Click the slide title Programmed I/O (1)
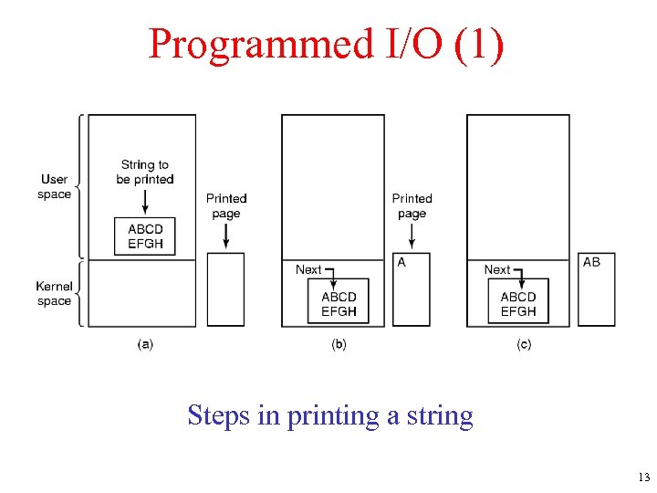[x=326, y=44]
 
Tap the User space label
[x=55, y=186]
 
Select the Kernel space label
[x=55, y=294]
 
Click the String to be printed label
[x=145, y=172]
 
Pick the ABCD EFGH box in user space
[x=146, y=236]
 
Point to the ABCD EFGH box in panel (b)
[x=339, y=304]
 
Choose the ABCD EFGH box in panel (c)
[x=518, y=304]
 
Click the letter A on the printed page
[x=401, y=262]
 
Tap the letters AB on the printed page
[x=591, y=262]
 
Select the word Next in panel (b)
[x=308, y=269]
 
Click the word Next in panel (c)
[x=497, y=269]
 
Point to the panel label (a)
[x=145, y=344]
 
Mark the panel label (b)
[x=339, y=344]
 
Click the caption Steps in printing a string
[x=330, y=415]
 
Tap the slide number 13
[x=644, y=477]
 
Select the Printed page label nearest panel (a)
[x=226, y=205]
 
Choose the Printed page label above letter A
[x=412, y=205]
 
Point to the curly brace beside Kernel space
[x=81, y=294]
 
